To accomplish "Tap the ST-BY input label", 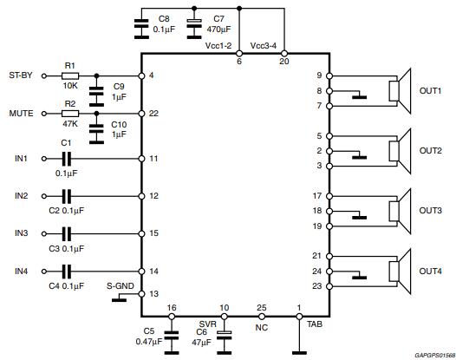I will coord(20,75).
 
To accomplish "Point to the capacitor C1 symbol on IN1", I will coord(66,159).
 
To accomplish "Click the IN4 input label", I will coord(21,272).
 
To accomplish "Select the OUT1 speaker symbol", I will coord(400,91).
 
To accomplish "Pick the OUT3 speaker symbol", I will coord(400,210).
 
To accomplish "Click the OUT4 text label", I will coord(431,272).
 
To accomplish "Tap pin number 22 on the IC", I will coord(154,114).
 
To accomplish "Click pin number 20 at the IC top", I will coord(283,62).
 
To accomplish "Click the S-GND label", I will coord(121,285).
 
